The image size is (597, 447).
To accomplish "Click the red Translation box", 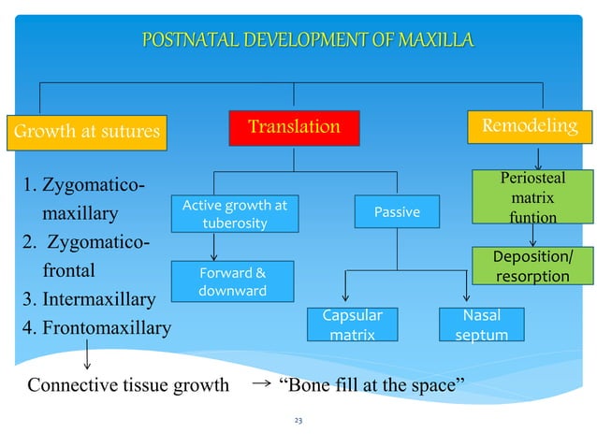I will point(294,127).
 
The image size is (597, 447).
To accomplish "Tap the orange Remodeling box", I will point(529,126).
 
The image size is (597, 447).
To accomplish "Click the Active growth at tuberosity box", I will point(235,213).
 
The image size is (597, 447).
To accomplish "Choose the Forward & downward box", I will point(235,281).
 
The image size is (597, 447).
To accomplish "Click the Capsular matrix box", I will point(352,324).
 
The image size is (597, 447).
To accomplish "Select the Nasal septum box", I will point(481,324).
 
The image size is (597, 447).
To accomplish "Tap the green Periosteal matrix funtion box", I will point(532,197).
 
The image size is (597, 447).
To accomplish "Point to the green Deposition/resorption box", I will point(532,267).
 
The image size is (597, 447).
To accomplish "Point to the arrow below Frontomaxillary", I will point(87,354).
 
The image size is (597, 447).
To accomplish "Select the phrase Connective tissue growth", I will point(128,384).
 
